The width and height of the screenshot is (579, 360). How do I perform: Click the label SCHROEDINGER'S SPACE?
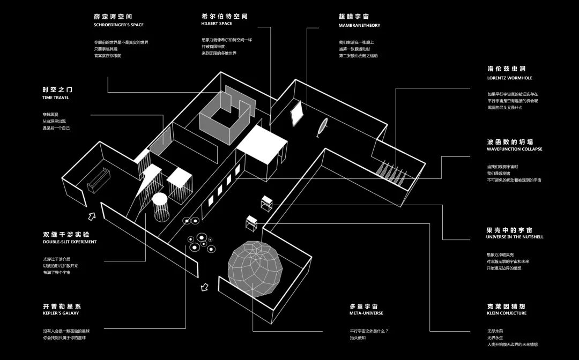pos(118,25)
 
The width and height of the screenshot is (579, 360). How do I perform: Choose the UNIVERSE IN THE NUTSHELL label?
pos(514,237)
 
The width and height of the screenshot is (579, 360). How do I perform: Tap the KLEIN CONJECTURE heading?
pos(506,313)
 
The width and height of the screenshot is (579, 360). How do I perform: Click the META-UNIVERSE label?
pos(366,313)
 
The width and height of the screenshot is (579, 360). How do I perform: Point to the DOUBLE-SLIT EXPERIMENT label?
pos(70,242)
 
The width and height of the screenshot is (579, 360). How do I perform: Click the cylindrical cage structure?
pos(162,208)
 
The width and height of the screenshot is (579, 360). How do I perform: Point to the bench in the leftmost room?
pos(99,179)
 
